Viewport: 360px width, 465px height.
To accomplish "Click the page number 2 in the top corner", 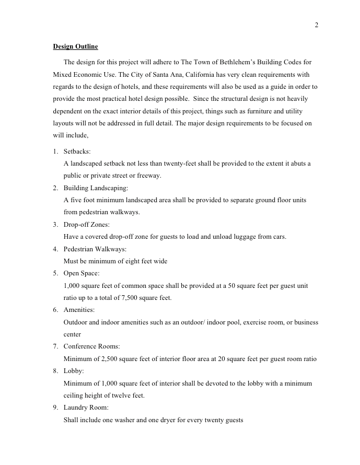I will click(316, 25).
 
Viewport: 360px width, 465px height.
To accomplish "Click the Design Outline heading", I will click(75, 47).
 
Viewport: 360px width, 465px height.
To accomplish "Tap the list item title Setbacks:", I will click(77, 151).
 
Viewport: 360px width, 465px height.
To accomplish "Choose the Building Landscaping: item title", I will click(96, 188).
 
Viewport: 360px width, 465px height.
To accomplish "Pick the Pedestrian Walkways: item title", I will click(95, 249).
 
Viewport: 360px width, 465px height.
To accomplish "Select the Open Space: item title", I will click(82, 273).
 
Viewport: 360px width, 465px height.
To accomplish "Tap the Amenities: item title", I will click(79, 310).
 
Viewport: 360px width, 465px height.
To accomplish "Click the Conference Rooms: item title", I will click(92, 346).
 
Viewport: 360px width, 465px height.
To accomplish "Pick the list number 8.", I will click(55, 371).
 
